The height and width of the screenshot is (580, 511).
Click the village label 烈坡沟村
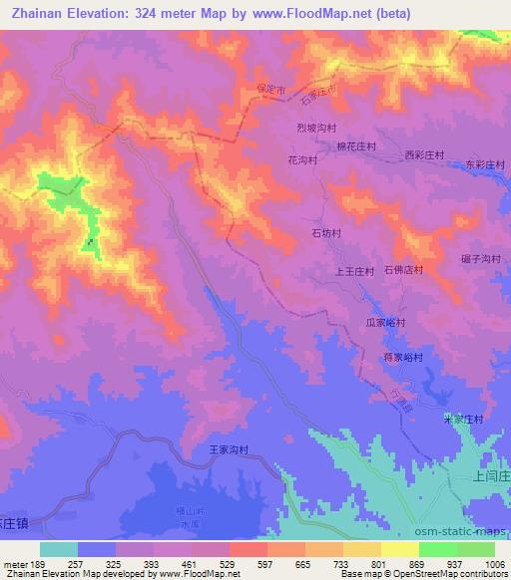pos(320,129)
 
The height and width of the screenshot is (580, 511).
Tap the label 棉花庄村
pos(356,145)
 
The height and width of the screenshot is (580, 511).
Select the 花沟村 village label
pos(301,159)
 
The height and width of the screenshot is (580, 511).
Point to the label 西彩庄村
pos(423,155)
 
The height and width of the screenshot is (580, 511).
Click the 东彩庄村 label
pos(485,165)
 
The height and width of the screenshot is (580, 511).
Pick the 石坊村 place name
pos(325,233)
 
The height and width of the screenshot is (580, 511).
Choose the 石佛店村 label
pos(404,270)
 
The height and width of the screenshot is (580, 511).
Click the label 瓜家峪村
pos(384,323)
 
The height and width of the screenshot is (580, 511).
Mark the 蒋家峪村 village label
pos(403,357)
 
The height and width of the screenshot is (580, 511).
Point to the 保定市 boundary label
pos(270,90)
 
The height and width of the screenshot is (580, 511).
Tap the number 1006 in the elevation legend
pos(495,564)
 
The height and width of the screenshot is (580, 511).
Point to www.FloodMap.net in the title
pos(310,14)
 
